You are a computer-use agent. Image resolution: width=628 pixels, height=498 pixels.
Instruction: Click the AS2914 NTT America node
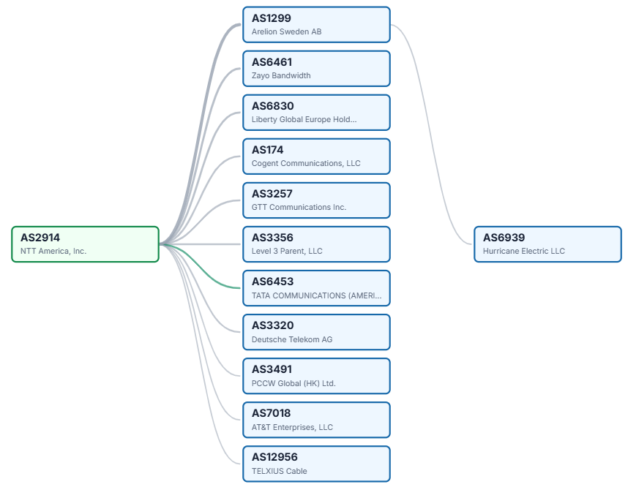[x=86, y=244]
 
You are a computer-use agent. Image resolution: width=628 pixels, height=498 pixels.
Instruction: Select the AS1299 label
[x=271, y=18]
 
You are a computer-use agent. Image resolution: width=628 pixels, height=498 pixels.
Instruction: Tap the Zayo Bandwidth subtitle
[x=281, y=75]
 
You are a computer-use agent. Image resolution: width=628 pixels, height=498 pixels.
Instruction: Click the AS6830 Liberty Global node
[x=316, y=113]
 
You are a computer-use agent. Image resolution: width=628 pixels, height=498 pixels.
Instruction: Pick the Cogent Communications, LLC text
[x=306, y=163]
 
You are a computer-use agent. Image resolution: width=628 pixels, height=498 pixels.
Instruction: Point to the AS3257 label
[x=272, y=194]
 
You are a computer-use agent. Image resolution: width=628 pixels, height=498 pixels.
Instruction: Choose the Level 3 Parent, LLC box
[x=316, y=244]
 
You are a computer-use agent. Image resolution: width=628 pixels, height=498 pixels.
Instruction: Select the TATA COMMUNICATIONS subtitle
[x=316, y=295]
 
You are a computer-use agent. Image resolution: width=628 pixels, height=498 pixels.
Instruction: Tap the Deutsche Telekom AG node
[x=316, y=332]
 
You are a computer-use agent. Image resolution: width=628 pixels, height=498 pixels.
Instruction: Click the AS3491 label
[x=272, y=369]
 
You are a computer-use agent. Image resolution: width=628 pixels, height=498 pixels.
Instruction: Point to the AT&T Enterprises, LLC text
[x=292, y=427]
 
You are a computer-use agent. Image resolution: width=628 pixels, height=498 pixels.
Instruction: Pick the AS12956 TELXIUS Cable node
[x=316, y=464]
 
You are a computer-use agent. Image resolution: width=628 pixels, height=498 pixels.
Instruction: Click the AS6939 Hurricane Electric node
[x=547, y=244]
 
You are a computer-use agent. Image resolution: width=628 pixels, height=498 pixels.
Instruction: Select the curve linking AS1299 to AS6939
[x=431, y=135]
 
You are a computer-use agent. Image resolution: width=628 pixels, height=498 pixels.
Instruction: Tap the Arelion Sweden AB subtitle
[x=286, y=31]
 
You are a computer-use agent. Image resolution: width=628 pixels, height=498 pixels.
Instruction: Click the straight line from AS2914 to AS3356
[x=201, y=244]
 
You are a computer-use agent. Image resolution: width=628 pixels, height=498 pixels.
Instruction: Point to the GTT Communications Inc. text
[x=299, y=207]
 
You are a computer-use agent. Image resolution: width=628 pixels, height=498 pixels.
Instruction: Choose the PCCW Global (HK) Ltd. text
[x=294, y=383]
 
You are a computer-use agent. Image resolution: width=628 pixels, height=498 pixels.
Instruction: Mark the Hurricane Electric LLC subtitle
[x=524, y=251]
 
